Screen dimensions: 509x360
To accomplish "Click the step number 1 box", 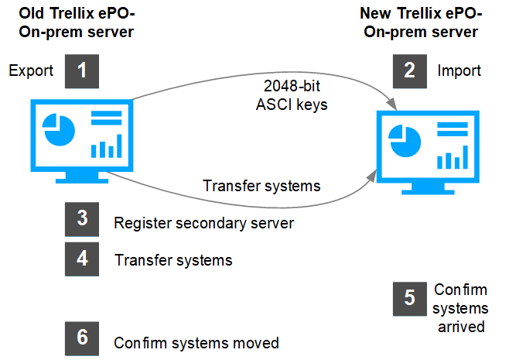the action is (82, 71).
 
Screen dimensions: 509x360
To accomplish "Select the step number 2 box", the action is (410, 71).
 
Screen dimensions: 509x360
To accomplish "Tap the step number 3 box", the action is (82, 219).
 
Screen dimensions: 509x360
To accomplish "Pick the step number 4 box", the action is (82, 259).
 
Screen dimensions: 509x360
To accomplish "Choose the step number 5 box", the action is (410, 299).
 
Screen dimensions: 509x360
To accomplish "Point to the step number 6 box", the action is (82, 338).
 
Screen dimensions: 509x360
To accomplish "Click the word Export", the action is (31, 70).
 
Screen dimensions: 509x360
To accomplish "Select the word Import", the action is (459, 70).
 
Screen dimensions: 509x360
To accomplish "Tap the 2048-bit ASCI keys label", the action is (292, 95).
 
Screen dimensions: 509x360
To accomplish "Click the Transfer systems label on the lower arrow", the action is (261, 186).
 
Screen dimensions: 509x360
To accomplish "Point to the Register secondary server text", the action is (204, 223).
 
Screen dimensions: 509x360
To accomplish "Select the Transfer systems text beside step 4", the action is (173, 260).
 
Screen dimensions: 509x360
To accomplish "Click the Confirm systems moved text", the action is (196, 343).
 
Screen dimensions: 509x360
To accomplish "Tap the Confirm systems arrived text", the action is (460, 308).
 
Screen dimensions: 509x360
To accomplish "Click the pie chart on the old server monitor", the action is (59, 129).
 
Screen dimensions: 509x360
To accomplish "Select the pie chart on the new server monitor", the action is (405, 141).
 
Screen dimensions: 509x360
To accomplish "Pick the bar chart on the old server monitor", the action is (107, 146).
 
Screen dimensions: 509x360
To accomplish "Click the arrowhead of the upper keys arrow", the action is (392, 104).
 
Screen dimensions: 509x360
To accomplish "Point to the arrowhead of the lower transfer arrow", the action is (371, 176).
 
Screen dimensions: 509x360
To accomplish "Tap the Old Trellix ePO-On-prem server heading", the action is (77, 22).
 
